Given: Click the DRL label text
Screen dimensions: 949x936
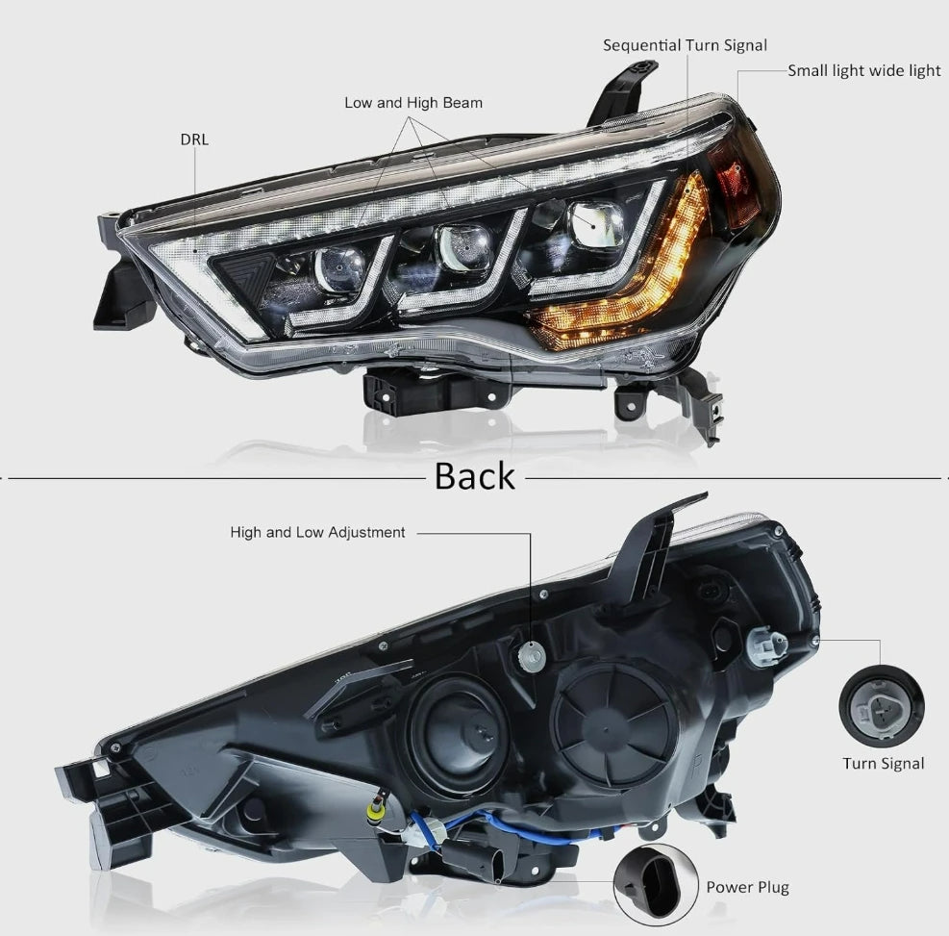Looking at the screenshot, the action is (x=194, y=139).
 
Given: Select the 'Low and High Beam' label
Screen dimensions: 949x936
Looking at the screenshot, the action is (x=413, y=103).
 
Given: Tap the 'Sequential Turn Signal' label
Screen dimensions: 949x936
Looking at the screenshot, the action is (x=685, y=45).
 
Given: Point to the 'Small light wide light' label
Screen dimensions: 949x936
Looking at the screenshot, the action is (x=864, y=71).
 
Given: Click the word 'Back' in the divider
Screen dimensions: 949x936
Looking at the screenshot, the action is (x=475, y=476).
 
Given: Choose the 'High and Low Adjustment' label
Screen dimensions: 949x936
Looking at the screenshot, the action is (x=317, y=532).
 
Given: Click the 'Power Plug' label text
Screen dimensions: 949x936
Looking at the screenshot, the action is (x=747, y=888).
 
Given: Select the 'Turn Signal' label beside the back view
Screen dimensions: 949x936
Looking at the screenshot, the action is (x=883, y=764).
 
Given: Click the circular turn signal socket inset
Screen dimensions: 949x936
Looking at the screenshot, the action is (x=881, y=706).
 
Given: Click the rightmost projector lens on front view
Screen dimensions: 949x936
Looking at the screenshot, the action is (x=595, y=224).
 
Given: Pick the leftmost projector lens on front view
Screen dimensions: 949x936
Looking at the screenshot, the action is (x=340, y=268).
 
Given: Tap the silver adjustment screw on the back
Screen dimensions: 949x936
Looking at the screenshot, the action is (x=532, y=655).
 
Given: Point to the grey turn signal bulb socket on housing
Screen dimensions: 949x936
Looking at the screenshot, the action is (x=766, y=645).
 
